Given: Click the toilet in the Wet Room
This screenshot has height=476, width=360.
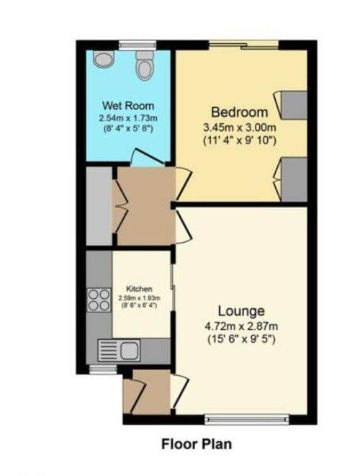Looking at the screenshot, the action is pos(143,65).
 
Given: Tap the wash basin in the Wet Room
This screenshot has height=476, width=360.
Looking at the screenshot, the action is pos(104,58).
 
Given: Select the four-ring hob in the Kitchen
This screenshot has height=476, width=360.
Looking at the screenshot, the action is pos(99,300).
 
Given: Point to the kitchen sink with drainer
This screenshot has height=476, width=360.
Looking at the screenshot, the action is pos(119,350).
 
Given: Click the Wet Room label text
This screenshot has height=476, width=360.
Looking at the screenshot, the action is pos(128,106).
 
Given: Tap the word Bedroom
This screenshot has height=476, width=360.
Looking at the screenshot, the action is pos(240,112).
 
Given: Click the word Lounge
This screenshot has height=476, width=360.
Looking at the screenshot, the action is pos(241,311).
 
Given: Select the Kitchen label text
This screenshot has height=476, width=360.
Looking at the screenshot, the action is pos(139,289).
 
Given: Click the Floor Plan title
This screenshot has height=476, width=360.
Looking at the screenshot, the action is pos(197,444).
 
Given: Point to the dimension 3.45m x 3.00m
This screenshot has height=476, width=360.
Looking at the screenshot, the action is pos(240,127).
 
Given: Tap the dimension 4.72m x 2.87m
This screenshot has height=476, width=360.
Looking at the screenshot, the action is pos(241,327).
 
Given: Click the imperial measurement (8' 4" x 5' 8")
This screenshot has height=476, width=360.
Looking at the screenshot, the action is pos(127,128).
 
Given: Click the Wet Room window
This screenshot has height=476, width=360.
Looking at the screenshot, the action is pos(138,45).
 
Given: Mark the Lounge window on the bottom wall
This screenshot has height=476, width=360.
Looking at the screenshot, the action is pos(246,419).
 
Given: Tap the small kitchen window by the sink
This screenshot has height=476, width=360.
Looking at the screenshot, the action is pos(103,369).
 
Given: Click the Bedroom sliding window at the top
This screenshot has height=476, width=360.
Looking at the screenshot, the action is pos(244,45).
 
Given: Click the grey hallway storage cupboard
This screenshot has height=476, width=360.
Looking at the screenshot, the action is pos(99,205).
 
